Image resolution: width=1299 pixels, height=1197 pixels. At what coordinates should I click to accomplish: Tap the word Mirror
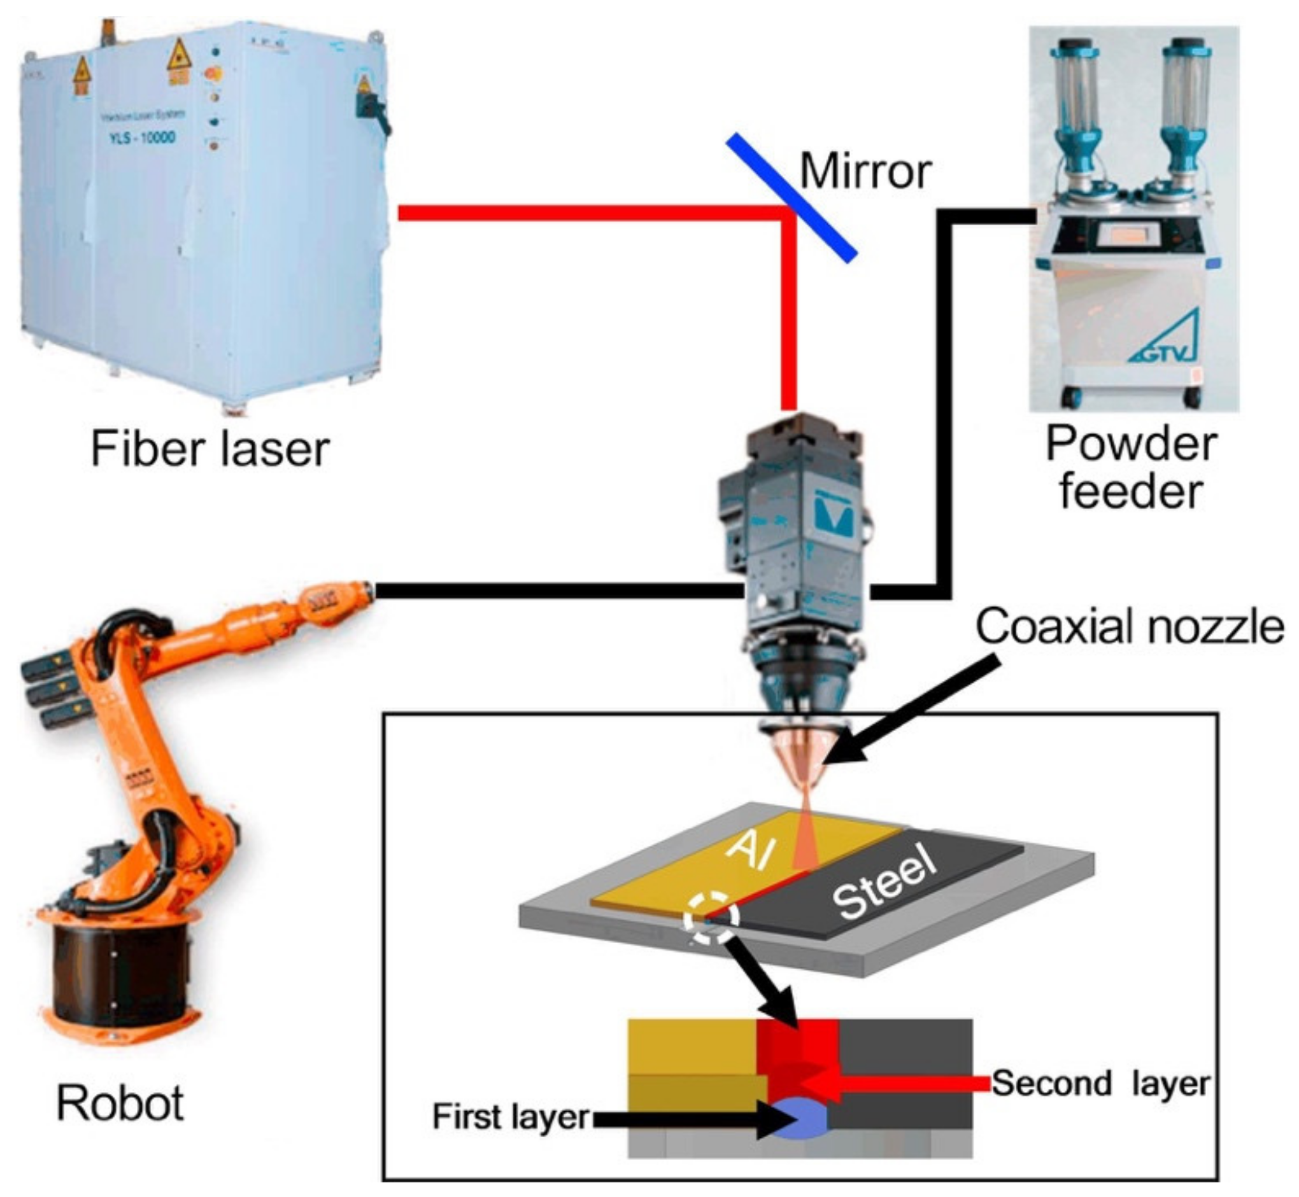tap(865, 172)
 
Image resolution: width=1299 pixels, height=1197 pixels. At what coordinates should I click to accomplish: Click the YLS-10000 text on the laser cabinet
tap(142, 138)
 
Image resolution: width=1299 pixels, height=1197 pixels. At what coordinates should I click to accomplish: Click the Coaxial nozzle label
tap(1129, 627)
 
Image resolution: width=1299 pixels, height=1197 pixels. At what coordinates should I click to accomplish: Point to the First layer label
tap(511, 1116)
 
